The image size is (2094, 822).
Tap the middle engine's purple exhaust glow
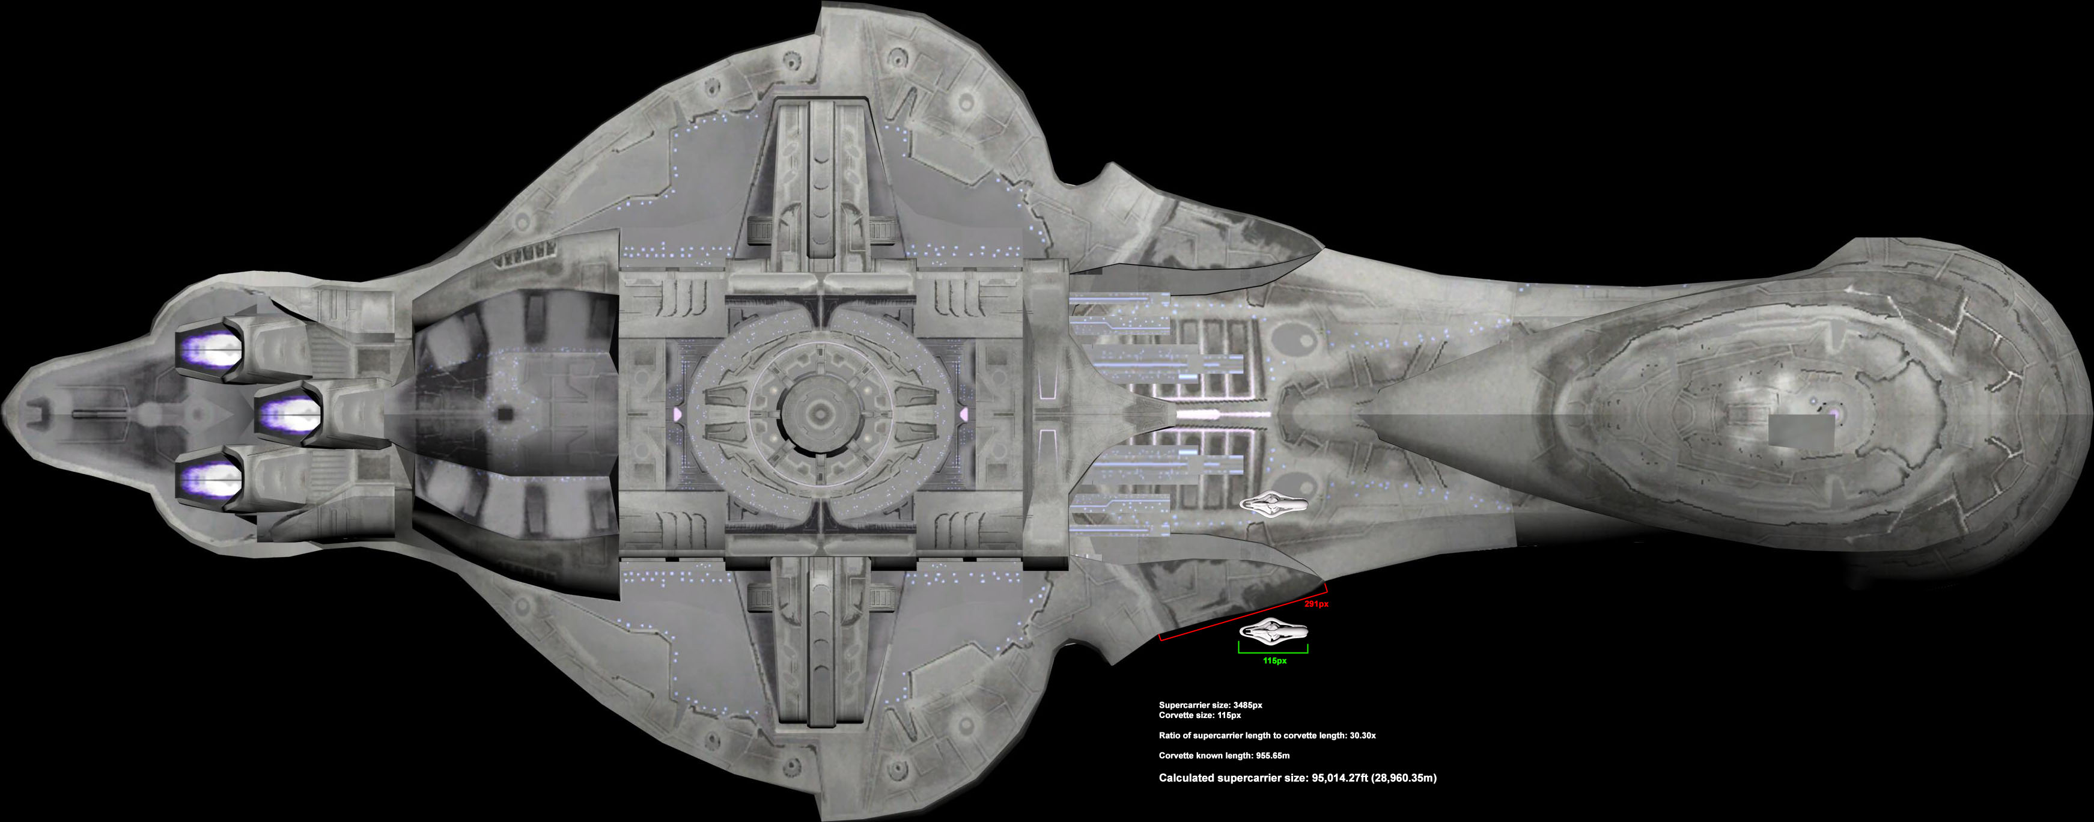[x=288, y=415]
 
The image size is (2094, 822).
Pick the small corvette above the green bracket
[x=1273, y=631]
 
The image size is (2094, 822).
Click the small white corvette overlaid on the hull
[x=1273, y=505]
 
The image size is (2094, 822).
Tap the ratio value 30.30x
[x=1359, y=735]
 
